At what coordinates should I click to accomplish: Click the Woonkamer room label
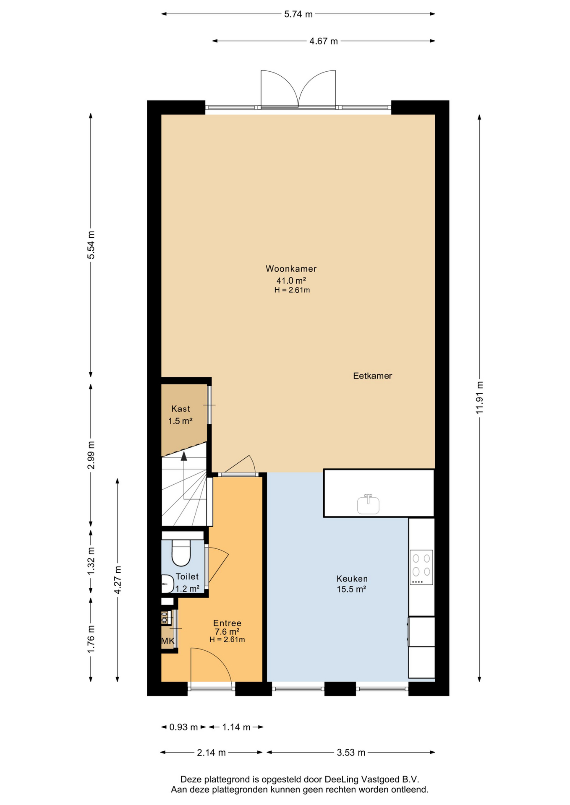(291, 269)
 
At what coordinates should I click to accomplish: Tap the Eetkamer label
(372, 376)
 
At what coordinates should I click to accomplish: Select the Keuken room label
(352, 579)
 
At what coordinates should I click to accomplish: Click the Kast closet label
(180, 409)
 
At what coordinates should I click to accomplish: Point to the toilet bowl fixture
(181, 553)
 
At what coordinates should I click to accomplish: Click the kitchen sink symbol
(368, 504)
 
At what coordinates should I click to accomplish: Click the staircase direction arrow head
(184, 456)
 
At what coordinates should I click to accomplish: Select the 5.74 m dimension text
(298, 14)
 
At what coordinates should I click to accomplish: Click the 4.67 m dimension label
(324, 41)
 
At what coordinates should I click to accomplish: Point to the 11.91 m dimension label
(479, 397)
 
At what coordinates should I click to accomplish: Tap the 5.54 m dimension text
(91, 245)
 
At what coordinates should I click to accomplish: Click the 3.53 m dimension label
(351, 753)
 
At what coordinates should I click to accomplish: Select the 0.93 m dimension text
(183, 727)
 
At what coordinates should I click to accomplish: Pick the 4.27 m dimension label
(118, 579)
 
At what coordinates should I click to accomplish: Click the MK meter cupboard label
(167, 641)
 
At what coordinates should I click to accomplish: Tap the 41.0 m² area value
(291, 280)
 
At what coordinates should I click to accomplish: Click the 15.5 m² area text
(351, 589)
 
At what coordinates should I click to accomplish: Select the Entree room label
(227, 623)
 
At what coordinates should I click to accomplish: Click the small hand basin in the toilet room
(167, 584)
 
